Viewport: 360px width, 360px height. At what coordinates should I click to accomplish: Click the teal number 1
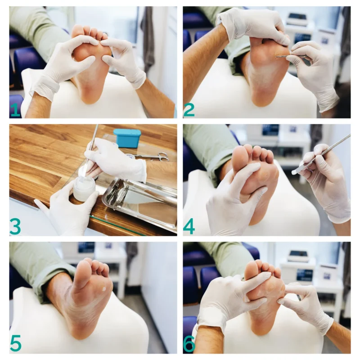pyautogui.click(x=15, y=110)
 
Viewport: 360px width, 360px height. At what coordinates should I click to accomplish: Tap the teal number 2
pyautogui.click(x=189, y=110)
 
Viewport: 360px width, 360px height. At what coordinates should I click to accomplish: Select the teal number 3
pyautogui.click(x=15, y=227)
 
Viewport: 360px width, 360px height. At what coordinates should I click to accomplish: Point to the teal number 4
pyautogui.click(x=189, y=227)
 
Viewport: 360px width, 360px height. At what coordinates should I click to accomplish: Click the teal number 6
pyautogui.click(x=189, y=344)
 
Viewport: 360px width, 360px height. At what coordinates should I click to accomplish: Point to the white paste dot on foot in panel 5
pyautogui.click(x=104, y=289)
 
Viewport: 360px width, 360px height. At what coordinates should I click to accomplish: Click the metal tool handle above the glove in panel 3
pyautogui.click(x=94, y=137)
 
